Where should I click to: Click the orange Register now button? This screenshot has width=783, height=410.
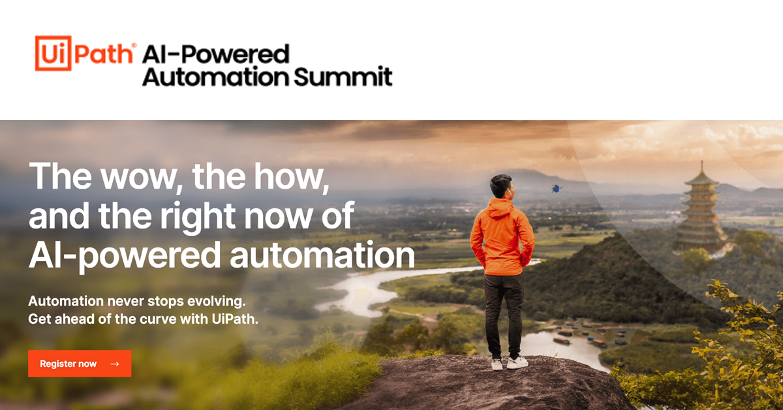pyautogui.click(x=80, y=364)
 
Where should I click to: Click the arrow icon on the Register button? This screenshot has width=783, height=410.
pyautogui.click(x=115, y=364)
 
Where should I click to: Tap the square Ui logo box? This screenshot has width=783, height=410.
pyautogui.click(x=53, y=53)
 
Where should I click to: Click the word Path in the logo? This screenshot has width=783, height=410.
pyautogui.click(x=104, y=55)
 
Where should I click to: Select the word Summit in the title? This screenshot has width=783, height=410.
pyautogui.click(x=343, y=76)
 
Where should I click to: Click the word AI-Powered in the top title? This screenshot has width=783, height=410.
pyautogui.click(x=216, y=54)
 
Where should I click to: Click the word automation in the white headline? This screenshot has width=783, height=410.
pyautogui.click(x=322, y=255)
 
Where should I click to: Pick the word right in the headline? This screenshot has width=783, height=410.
pyautogui.click(x=198, y=217)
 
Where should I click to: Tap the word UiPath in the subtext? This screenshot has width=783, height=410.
pyautogui.click(x=234, y=319)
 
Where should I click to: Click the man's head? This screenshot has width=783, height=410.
pyautogui.click(x=502, y=185)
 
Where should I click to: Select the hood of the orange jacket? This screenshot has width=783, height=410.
pyautogui.click(x=500, y=208)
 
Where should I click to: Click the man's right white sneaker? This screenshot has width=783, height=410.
pyautogui.click(x=517, y=362)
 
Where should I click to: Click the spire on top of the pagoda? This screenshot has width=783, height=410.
pyautogui.click(x=701, y=167)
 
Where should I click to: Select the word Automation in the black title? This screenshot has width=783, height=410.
pyautogui.click(x=216, y=77)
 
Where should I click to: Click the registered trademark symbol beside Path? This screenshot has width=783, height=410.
pyautogui.click(x=134, y=46)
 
